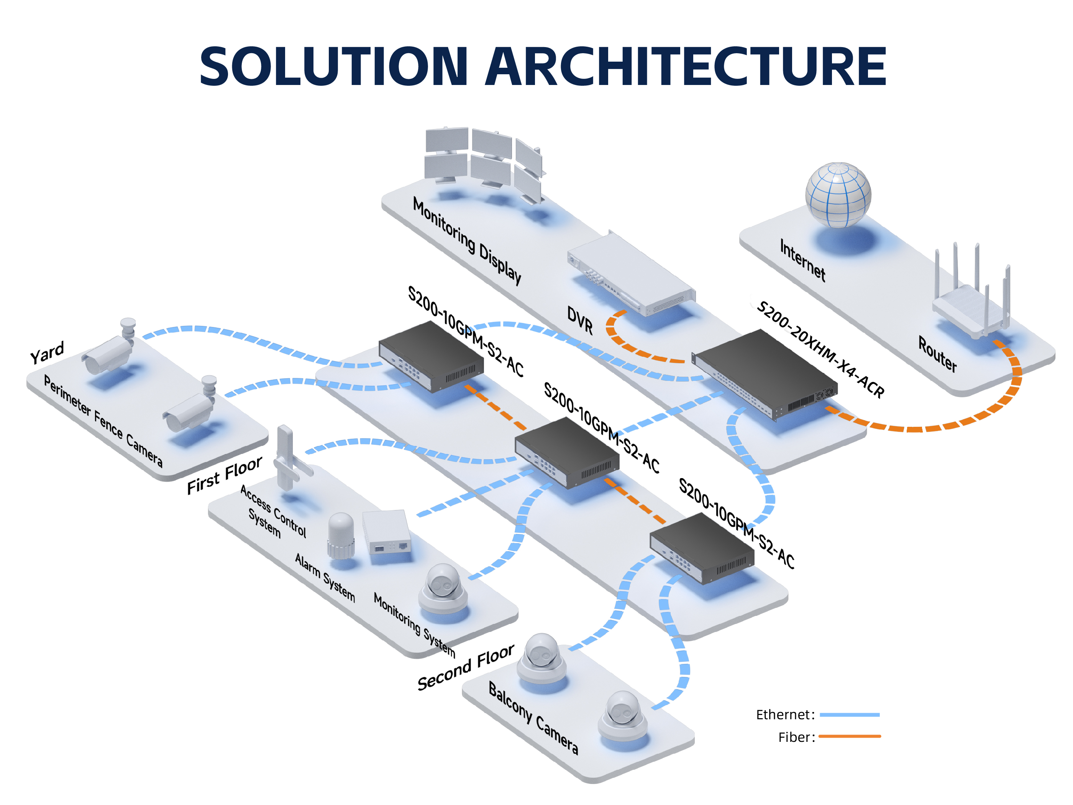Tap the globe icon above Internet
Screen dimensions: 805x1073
[838, 195]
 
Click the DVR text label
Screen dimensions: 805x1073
[580, 320]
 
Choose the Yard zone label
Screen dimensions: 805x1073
[47, 352]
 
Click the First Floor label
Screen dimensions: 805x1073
[225, 475]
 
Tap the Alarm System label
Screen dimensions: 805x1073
[325, 578]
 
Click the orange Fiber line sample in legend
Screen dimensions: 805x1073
[849, 736]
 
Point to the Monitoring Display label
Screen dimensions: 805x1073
[467, 241]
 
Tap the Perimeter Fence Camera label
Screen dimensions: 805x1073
[103, 420]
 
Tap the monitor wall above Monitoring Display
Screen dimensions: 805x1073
[482, 162]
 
